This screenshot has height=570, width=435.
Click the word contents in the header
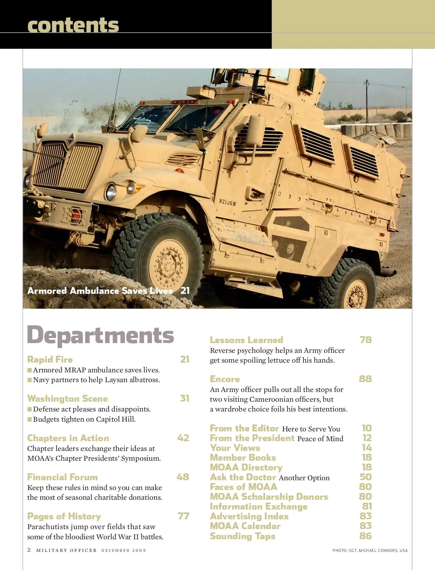pyautogui.click(x=73, y=25)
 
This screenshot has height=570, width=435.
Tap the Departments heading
pyautogui.click(x=100, y=335)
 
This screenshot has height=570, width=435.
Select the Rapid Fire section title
pyautogui.click(x=50, y=359)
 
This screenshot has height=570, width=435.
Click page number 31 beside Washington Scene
pyautogui.click(x=185, y=398)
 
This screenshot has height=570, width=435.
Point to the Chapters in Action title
pyautogui.click(x=68, y=438)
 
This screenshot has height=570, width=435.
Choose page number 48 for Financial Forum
pyautogui.click(x=183, y=477)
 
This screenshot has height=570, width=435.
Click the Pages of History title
pyautogui.click(x=64, y=516)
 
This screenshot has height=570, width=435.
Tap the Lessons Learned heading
pyautogui.click(x=246, y=340)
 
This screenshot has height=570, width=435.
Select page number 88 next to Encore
pyautogui.click(x=365, y=379)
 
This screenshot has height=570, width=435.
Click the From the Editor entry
pyautogui.click(x=244, y=428)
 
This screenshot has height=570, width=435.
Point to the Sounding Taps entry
pyautogui.click(x=243, y=536)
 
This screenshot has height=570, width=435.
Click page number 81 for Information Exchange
pyautogui.click(x=367, y=506)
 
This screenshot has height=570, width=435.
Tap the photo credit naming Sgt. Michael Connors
pyautogui.click(x=370, y=550)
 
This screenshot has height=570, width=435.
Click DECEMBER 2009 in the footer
pyautogui.click(x=124, y=550)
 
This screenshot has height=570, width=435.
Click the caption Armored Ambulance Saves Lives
pyautogui.click(x=100, y=291)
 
